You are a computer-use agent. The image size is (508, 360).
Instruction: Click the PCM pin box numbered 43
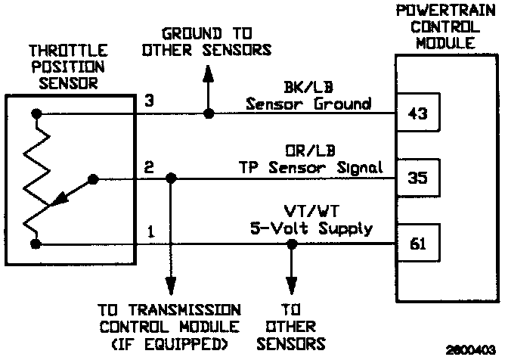(417, 113)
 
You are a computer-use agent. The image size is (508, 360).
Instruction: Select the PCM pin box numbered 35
(417, 179)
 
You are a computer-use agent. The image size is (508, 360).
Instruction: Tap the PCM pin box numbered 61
(417, 244)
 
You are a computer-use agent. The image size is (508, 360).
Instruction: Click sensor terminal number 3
(149, 100)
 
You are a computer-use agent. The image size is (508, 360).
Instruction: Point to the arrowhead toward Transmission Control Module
(171, 287)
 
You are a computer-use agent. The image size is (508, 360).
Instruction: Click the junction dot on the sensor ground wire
(209, 113)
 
